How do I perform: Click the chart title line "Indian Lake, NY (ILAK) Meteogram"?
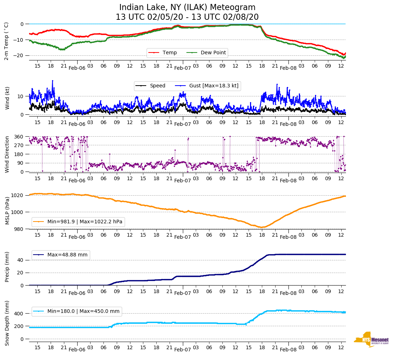187,8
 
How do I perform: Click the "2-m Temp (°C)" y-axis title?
6,41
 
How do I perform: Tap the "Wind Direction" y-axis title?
7,154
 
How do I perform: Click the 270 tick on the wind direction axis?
19,145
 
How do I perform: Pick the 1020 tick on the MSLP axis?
18,195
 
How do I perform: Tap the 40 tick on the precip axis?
20,260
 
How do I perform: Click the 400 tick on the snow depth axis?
19,314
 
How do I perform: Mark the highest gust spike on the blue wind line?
52,81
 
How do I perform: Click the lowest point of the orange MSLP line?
262,227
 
